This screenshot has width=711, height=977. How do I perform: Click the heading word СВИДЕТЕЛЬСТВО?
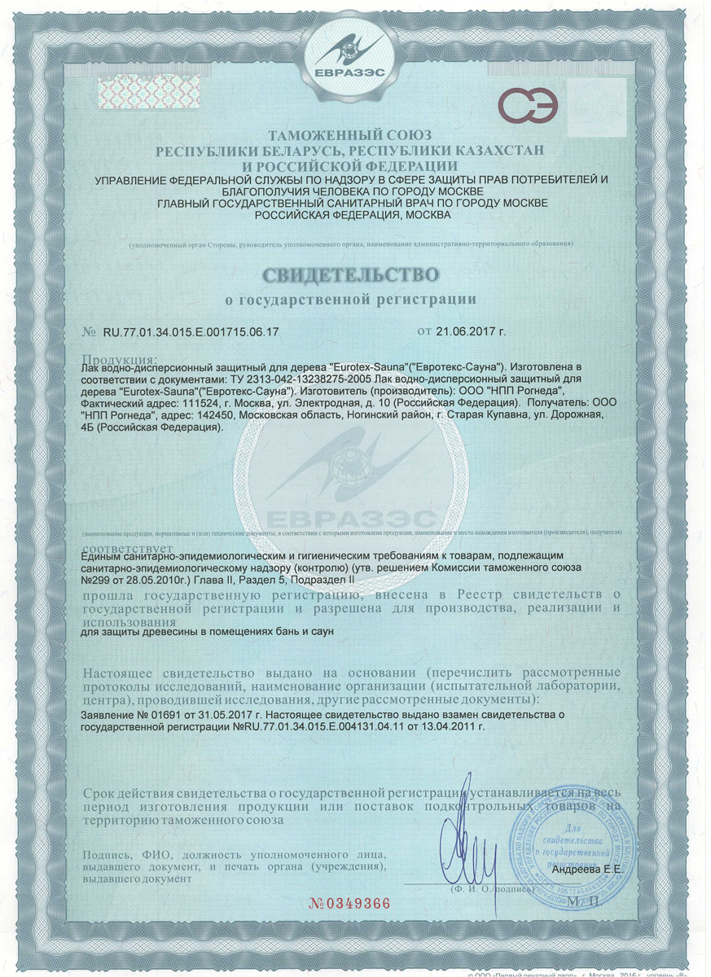click(x=355, y=271)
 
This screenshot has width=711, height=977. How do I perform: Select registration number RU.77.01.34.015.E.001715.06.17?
click(x=191, y=331)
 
